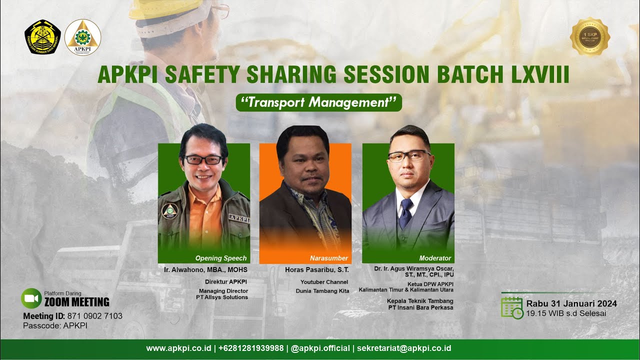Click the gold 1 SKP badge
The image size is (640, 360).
pos(590,36)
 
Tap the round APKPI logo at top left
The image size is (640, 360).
pos(82,37)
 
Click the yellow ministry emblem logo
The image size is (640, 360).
pos(42,37)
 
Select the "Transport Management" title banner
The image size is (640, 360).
pos(319,102)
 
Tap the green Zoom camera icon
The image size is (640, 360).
pos(31,298)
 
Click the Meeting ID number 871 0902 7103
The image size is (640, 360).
pos(94,316)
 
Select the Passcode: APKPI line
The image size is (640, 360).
pos(55,325)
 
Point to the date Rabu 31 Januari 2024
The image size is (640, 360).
pos(571,303)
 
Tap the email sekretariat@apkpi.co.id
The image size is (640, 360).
pos(404,348)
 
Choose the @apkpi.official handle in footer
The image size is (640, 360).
pos(320,348)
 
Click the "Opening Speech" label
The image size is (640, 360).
pos(221,258)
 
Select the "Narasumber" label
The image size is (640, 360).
pos(328,258)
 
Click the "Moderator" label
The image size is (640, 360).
pos(435,258)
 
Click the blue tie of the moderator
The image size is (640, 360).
pos(405,212)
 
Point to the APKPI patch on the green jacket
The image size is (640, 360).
pos(238,217)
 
